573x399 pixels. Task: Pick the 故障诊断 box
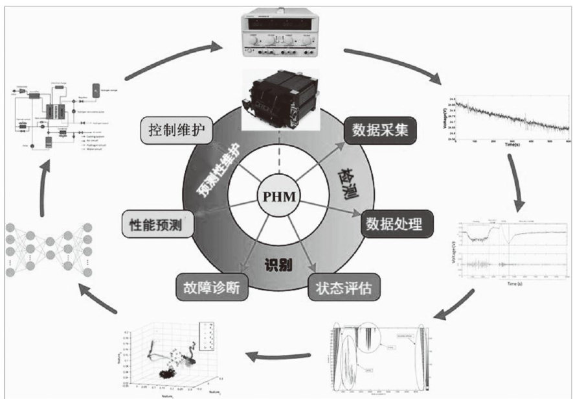[212, 288]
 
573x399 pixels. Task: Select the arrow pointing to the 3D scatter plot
[278, 356]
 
